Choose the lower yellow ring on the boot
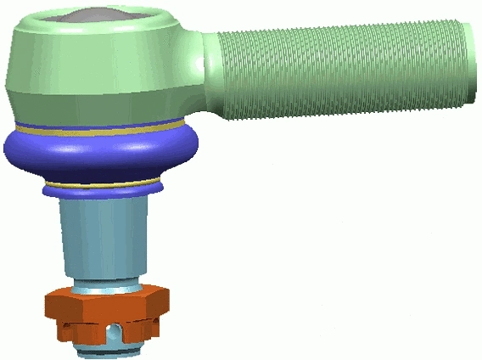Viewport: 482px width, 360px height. point(102,184)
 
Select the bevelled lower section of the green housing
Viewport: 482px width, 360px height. point(93,102)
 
